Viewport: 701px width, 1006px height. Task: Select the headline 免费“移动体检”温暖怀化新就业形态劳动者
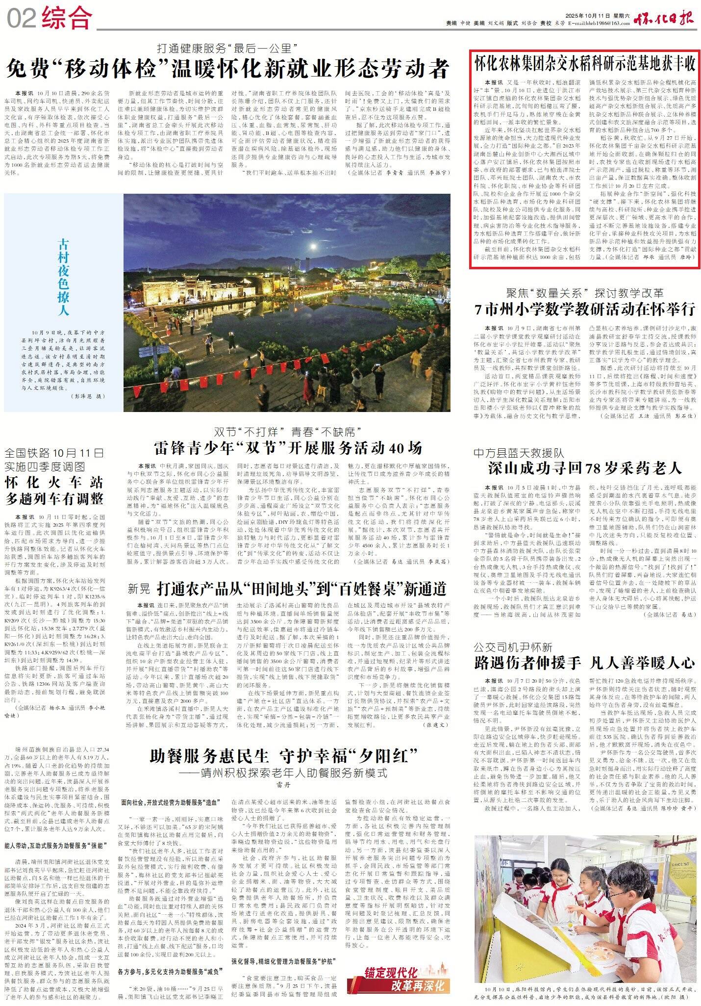(227, 68)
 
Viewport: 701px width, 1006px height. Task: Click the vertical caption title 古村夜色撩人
(63, 277)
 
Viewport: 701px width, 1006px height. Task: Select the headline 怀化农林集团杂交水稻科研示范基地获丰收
(585, 63)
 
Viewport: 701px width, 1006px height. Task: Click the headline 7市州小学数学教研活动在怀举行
(585, 309)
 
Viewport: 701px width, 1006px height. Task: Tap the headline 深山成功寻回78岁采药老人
(585, 468)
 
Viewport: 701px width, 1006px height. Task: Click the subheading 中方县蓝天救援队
(519, 452)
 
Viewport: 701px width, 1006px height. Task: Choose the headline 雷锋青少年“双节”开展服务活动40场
(288, 448)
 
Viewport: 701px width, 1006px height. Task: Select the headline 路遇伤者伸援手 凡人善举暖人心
(585, 663)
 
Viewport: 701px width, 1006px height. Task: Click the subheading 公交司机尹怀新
(513, 646)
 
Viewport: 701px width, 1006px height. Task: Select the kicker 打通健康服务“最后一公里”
(227, 49)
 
